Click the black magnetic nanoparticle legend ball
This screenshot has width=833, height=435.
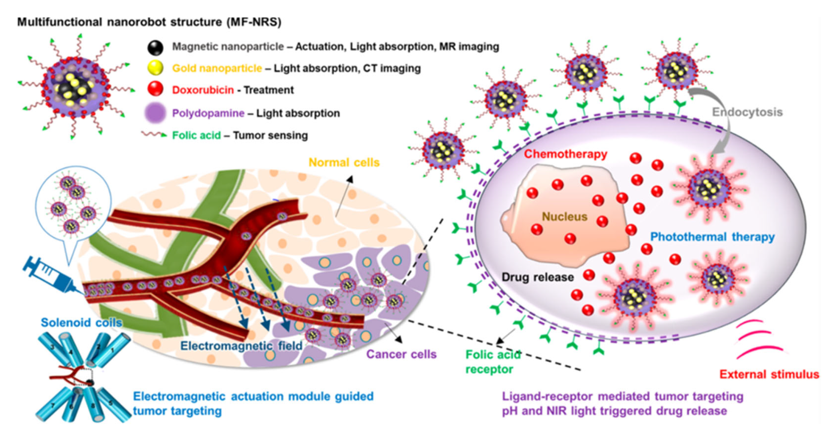pos(155,48)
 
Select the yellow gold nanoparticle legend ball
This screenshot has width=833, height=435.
pos(155,68)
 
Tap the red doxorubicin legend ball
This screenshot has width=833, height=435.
pos(155,89)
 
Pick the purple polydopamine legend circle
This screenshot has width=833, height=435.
pos(155,113)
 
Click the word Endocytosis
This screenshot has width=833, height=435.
pos(747,112)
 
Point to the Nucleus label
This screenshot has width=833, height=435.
pos(564,217)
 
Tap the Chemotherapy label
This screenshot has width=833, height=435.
pos(565,154)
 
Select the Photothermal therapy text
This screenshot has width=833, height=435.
pos(712,237)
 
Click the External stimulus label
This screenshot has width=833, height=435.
pos(769,374)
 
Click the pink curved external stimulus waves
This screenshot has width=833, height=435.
pos(757,339)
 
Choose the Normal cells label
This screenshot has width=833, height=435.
pos(344,162)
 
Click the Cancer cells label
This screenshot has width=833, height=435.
pos(401,354)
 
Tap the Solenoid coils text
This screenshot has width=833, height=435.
pos(81,322)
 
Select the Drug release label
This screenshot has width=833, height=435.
pos(537,277)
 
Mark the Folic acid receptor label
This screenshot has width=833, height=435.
pos(492,362)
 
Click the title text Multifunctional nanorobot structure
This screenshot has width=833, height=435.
pos(149,22)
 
